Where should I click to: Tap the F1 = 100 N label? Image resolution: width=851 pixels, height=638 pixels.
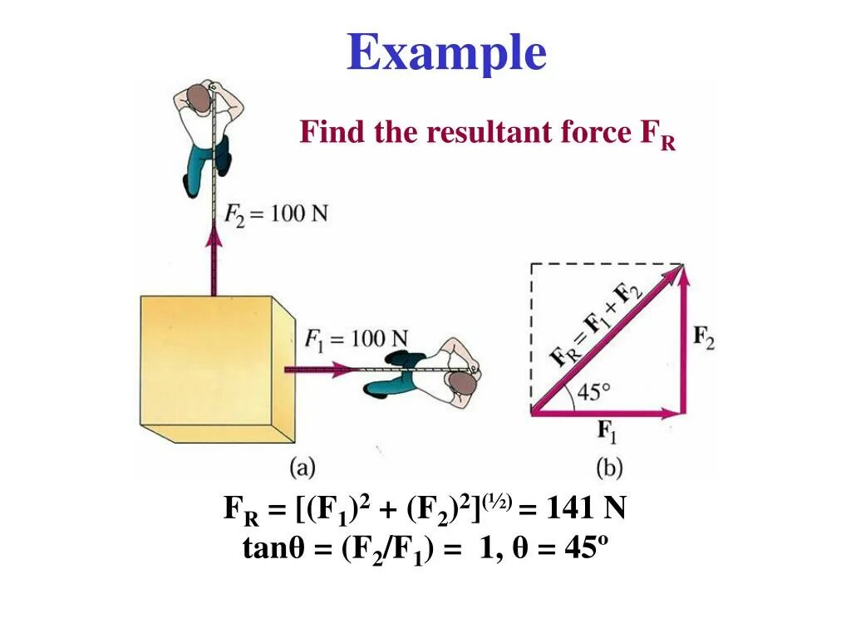[356, 338]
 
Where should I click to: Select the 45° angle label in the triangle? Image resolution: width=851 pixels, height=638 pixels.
[594, 391]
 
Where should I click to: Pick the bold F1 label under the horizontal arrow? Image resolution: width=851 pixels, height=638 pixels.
[608, 432]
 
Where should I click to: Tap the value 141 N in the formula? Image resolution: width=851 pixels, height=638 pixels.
[585, 508]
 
